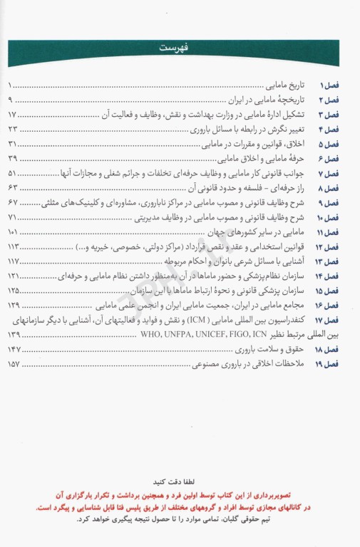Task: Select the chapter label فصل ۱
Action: click(x=331, y=85)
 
